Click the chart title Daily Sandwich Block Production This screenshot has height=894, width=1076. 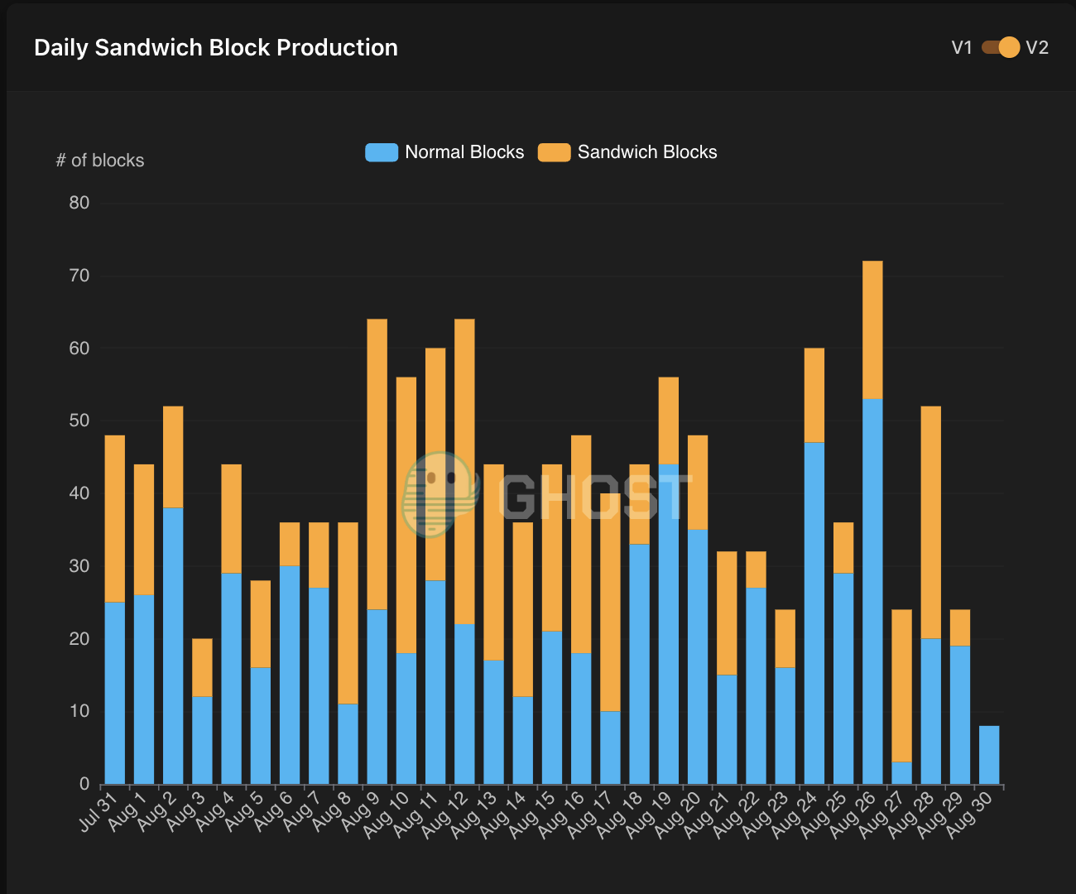pos(216,47)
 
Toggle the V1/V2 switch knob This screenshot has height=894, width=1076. pos(1009,47)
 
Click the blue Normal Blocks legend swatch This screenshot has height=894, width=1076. pos(382,152)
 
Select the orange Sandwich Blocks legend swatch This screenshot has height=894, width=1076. pos(554,152)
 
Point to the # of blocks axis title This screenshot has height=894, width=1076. pos(100,161)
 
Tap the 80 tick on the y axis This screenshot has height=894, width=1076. pos(79,203)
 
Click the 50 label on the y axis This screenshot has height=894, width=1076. pos(79,421)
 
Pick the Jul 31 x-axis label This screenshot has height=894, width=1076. pos(98,812)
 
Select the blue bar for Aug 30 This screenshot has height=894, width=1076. pos(989,755)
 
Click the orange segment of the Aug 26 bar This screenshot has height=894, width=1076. pos(872,329)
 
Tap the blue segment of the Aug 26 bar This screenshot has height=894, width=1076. pos(872,592)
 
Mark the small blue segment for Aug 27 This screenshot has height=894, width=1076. pos(902,773)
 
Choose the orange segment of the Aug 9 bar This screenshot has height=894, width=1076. pos(377,464)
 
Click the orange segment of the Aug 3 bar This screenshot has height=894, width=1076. pos(202,667)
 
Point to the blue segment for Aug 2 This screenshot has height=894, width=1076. pos(173,646)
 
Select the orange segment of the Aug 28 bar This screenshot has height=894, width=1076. pos(930,522)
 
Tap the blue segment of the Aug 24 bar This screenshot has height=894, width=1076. pos(814,613)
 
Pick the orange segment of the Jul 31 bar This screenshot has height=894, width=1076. pos(115,518)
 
